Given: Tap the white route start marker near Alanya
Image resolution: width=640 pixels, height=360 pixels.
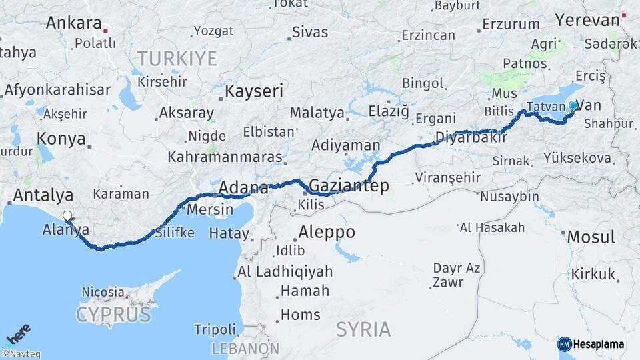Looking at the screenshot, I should click(67, 215).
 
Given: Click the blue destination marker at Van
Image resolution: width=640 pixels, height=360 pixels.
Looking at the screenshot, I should click(573, 105).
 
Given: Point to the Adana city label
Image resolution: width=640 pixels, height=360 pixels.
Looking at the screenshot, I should click(243, 187).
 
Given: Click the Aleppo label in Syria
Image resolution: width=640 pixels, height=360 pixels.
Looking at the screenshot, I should click(327, 233).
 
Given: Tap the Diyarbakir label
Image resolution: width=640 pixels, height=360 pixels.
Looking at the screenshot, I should click(471, 138).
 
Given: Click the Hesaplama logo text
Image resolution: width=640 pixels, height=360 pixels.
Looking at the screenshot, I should click(599, 344).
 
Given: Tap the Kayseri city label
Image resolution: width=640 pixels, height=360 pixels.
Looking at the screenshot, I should click(254, 91).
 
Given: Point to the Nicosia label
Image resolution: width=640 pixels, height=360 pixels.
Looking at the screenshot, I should click(103, 292).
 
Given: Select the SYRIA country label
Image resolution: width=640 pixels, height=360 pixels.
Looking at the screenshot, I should click(363, 329).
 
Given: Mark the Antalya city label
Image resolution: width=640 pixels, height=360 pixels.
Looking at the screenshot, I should click(43, 196).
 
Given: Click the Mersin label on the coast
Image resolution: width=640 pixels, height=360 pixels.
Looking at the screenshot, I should click(211, 209).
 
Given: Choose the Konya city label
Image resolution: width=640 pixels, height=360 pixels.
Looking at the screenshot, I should click(61, 139).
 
